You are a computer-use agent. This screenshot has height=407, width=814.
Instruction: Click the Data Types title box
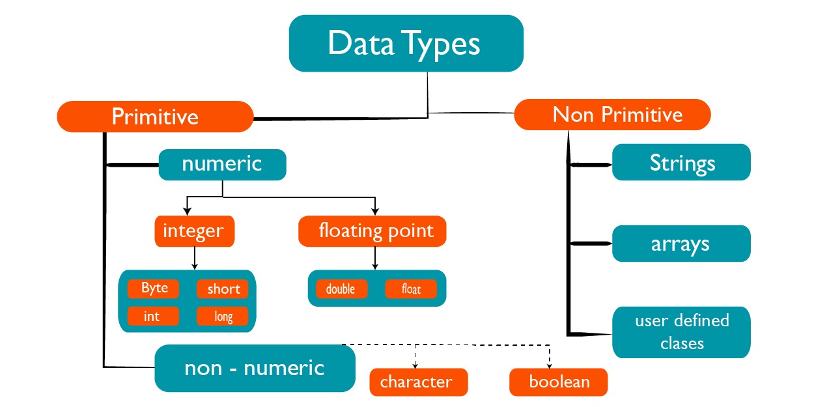pos(406,43)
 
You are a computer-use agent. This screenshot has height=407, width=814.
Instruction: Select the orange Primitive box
pos(155,117)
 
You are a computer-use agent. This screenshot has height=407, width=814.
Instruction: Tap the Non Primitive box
pos(612,115)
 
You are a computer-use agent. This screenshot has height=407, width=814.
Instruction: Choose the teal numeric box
pos(223,165)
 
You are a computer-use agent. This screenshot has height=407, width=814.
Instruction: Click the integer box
pos(195,231)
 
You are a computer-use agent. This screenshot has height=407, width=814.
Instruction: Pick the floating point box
pos(372,231)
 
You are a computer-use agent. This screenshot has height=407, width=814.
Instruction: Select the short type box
pos(223,289)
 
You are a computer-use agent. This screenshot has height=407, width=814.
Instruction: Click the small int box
pos(153,316)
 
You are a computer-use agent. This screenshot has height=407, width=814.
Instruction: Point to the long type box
pos(223,316)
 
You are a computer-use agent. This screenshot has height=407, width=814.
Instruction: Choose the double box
pos(342,289)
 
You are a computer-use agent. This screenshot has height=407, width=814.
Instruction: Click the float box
pos(411,289)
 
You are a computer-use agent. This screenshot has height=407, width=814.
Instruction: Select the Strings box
pos(681,162)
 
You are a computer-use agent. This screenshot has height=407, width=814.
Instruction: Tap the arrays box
pos(681,244)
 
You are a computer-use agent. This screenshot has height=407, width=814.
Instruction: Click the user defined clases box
pos(681,332)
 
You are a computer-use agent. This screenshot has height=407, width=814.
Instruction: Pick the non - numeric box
pos(255,368)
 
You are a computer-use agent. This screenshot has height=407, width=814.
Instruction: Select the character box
pos(419,382)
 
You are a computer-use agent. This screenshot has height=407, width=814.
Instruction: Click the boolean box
pos(559,382)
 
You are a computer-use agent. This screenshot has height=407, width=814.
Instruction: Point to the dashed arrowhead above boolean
pos(550,365)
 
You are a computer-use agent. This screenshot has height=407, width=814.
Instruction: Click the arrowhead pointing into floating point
pos(375,212)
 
